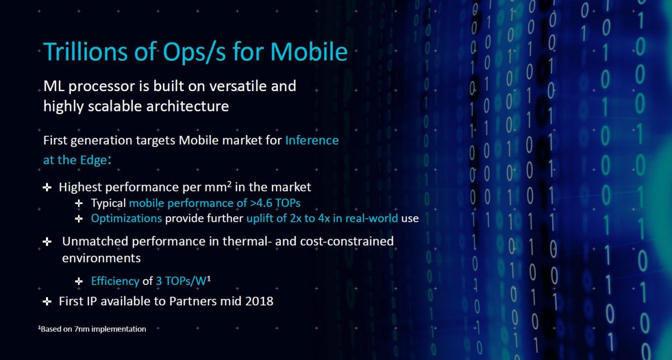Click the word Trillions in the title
click(86, 52)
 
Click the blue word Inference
click(312, 140)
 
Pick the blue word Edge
click(93, 160)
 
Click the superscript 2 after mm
click(229, 184)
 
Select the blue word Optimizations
click(127, 219)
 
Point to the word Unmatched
click(95, 242)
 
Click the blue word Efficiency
click(115, 282)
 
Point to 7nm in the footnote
click(81, 329)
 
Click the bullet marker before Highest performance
click(47, 188)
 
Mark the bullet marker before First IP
click(47, 301)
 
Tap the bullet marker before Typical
click(79, 204)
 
